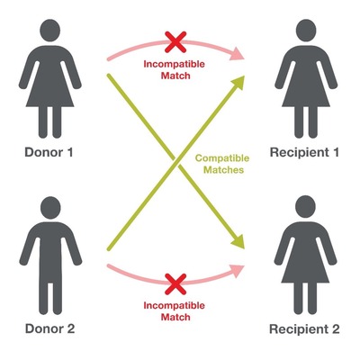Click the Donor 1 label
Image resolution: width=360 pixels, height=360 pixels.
pos(49,152)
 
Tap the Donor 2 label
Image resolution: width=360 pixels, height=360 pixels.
pos(49,328)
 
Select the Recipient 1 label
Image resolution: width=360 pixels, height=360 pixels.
pos(304,153)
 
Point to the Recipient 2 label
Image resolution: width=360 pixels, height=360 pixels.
pos(304,329)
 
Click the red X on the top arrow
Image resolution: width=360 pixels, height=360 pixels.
pos(175,42)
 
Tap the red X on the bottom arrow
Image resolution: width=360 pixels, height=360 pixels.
pos(175,284)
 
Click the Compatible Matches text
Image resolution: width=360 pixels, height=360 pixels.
pos(222,164)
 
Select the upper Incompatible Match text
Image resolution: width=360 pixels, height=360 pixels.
pos(175,69)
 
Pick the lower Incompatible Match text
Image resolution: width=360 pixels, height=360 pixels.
pos(175,311)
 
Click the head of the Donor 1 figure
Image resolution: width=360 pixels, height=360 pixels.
pos(50,31)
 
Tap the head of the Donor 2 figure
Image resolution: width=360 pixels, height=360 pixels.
pos(50,208)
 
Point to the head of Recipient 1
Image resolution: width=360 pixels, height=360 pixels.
pos(306,31)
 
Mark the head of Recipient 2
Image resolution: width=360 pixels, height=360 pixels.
pos(305,206)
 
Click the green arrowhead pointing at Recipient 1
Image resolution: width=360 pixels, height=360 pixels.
pos(238,83)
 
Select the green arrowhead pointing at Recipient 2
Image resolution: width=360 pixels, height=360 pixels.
pos(238,241)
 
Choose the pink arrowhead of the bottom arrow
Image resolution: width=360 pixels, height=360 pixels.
pos(238,271)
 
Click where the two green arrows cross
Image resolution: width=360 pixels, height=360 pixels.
pos(176,162)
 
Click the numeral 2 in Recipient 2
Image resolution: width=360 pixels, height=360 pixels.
pos(336,328)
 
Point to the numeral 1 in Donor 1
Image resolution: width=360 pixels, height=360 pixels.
pos(69,152)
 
